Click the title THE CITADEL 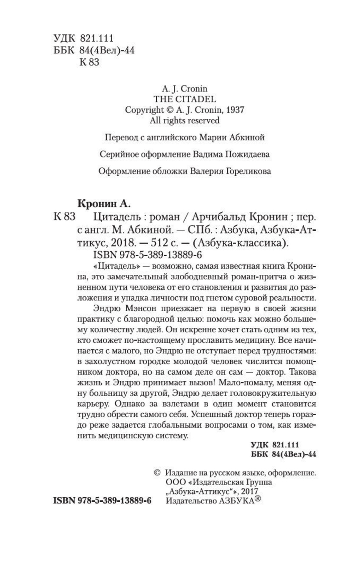tap(185, 99)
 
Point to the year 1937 tap(234, 110)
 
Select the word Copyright tap(144, 110)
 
